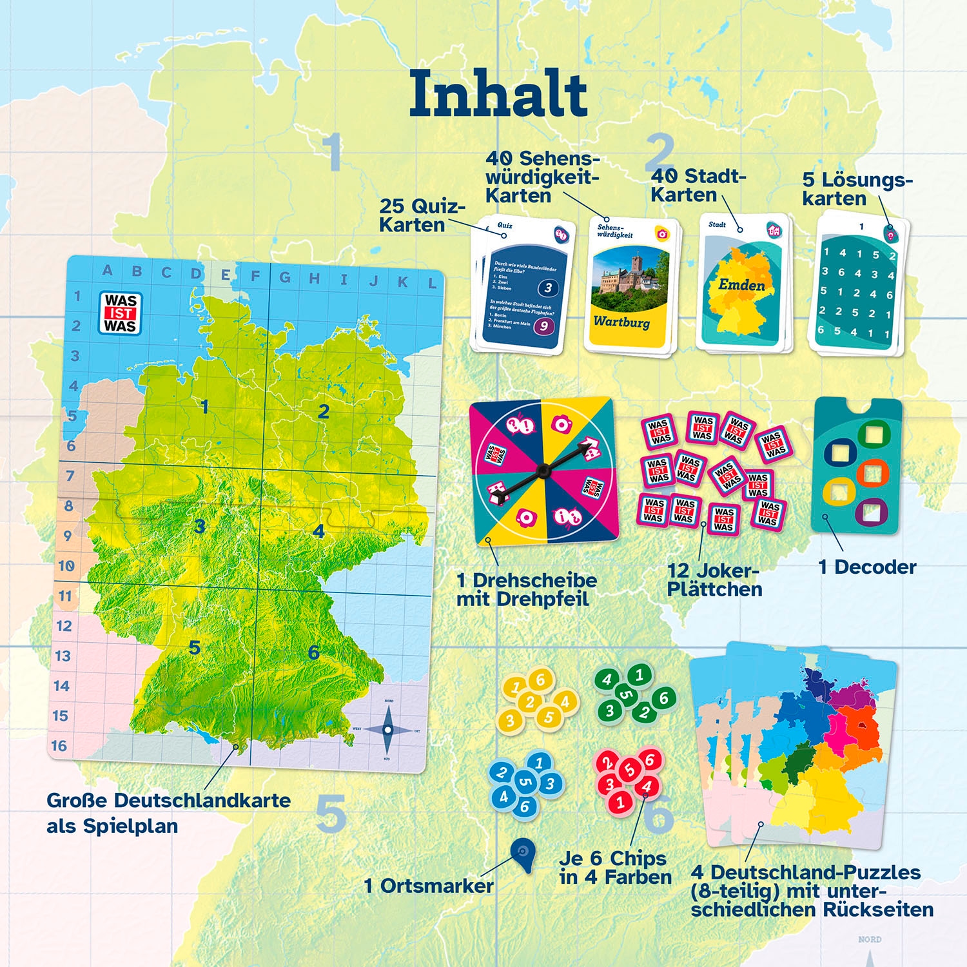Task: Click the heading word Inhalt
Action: (498, 94)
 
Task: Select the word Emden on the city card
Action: (742, 285)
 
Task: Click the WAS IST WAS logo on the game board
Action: (121, 313)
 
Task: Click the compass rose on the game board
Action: (387, 730)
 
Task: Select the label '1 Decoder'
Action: (867, 567)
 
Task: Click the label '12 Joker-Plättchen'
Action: (714, 580)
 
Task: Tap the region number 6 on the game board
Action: (314, 652)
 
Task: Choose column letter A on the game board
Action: (107, 271)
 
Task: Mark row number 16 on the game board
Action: (59, 746)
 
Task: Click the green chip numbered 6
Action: (663, 697)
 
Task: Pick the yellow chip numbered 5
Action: (549, 717)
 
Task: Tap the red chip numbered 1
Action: (620, 803)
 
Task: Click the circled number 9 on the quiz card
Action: (543, 326)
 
